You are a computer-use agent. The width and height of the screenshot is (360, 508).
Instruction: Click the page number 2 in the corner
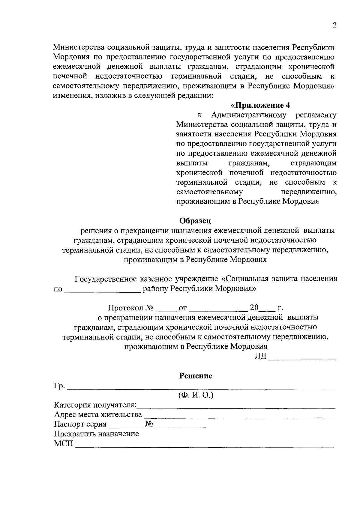coord(334,25)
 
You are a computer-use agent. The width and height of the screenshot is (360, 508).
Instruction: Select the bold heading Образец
coord(195,221)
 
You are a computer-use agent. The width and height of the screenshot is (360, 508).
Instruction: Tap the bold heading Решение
coord(196,376)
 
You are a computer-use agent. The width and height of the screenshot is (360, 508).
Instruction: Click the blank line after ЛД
coord(302,358)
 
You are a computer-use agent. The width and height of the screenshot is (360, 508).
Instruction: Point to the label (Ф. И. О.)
coord(196,395)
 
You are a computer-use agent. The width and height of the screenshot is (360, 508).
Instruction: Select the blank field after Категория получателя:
coord(236,407)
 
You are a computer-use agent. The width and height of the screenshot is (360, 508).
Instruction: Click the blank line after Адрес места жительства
coord(239,417)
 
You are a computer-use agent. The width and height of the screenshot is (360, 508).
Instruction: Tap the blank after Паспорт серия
coord(125,426)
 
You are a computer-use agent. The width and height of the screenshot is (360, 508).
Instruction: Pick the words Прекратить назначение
coord(96,434)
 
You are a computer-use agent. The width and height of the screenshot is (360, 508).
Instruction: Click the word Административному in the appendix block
coord(249,115)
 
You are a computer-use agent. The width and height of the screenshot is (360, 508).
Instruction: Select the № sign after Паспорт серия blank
coord(149,424)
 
